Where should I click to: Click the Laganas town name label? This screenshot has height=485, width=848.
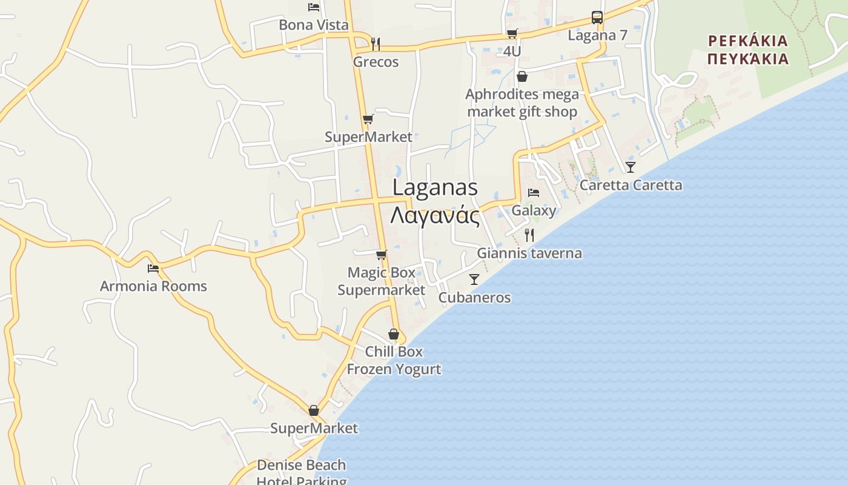(x=435, y=188)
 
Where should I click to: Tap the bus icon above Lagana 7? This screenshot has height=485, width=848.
(x=597, y=18)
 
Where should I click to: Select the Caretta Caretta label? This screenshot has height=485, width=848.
(x=631, y=185)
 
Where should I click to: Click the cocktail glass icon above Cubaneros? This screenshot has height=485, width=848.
(x=474, y=279)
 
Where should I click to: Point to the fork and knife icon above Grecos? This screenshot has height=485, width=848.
(x=376, y=44)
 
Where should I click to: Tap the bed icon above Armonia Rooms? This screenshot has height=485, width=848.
(x=153, y=268)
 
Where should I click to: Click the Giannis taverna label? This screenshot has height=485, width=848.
(x=529, y=253)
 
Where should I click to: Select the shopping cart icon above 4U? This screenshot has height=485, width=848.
(x=512, y=33)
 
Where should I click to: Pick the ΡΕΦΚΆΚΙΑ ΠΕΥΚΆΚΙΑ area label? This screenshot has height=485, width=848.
(x=748, y=50)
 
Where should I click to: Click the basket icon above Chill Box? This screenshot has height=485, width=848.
(x=394, y=334)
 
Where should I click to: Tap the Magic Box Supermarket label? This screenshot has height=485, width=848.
(x=382, y=281)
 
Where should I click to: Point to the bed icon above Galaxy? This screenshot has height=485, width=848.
(x=534, y=193)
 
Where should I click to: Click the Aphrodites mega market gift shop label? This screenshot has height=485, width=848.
(x=522, y=103)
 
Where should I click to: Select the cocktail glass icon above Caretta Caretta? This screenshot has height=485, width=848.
(x=631, y=167)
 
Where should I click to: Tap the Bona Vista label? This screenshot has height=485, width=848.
(x=314, y=25)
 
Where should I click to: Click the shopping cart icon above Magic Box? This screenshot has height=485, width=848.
(x=381, y=255)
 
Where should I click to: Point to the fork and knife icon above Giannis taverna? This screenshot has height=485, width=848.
(x=529, y=235)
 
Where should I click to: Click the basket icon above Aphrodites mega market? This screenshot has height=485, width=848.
(x=522, y=76)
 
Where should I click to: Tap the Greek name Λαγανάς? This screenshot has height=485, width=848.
(x=435, y=215)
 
